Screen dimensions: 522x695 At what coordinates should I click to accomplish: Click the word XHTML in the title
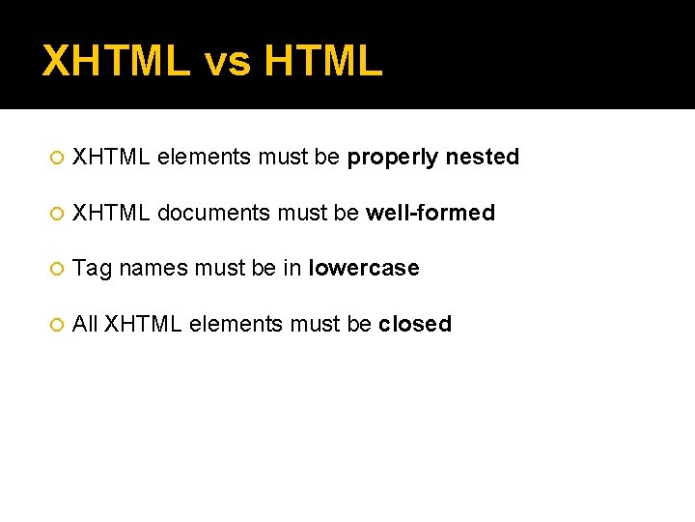(x=117, y=61)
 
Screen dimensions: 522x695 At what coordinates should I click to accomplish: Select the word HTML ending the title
(x=322, y=61)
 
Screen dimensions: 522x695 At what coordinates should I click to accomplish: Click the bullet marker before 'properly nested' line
(x=56, y=158)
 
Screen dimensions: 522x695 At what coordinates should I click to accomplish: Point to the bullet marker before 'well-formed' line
(x=56, y=214)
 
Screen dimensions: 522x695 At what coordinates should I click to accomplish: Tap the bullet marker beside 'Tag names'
(x=56, y=269)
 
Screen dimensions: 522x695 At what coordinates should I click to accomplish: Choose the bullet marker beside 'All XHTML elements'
(x=56, y=325)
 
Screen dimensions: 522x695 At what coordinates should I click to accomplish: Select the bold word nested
(x=483, y=157)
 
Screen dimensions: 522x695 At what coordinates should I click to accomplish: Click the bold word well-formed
(x=431, y=213)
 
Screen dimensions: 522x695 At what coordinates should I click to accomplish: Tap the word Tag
(x=93, y=269)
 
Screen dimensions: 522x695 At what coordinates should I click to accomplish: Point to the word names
(x=153, y=268)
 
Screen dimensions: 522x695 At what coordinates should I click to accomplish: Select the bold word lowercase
(x=364, y=268)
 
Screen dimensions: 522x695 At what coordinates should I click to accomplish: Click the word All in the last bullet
(x=85, y=324)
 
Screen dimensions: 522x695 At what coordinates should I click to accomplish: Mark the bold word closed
(x=415, y=324)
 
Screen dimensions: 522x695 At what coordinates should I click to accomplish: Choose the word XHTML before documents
(x=111, y=213)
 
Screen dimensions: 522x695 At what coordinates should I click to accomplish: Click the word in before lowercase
(x=292, y=268)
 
